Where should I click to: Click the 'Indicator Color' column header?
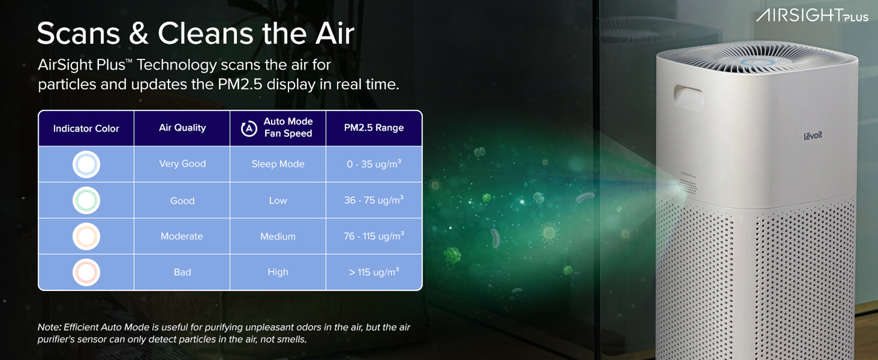[86, 128]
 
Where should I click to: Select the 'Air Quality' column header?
[182, 128]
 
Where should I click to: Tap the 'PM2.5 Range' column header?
[373, 128]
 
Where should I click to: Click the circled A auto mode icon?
[249, 128]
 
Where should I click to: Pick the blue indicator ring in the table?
[86, 164]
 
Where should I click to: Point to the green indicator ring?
[86, 201]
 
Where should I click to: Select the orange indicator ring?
[86, 236]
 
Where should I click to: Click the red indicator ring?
[86, 272]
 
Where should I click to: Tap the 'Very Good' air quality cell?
[182, 164]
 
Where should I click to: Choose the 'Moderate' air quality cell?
[181, 236]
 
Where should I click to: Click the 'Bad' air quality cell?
[182, 272]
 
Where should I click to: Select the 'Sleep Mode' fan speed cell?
[277, 164]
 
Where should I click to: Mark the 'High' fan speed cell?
[277, 272]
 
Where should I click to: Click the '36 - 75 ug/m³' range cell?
[373, 200]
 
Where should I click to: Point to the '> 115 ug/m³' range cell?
[373, 272]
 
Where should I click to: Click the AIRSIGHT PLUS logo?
[812, 15]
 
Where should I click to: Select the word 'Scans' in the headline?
[78, 34]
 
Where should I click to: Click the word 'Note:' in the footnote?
[49, 327]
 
